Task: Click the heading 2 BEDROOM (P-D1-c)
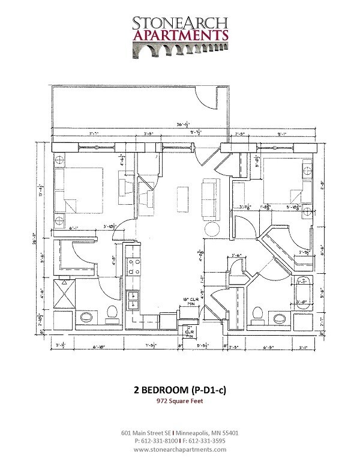point(180,390)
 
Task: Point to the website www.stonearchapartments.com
point(180,449)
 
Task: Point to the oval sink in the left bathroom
point(86,318)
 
